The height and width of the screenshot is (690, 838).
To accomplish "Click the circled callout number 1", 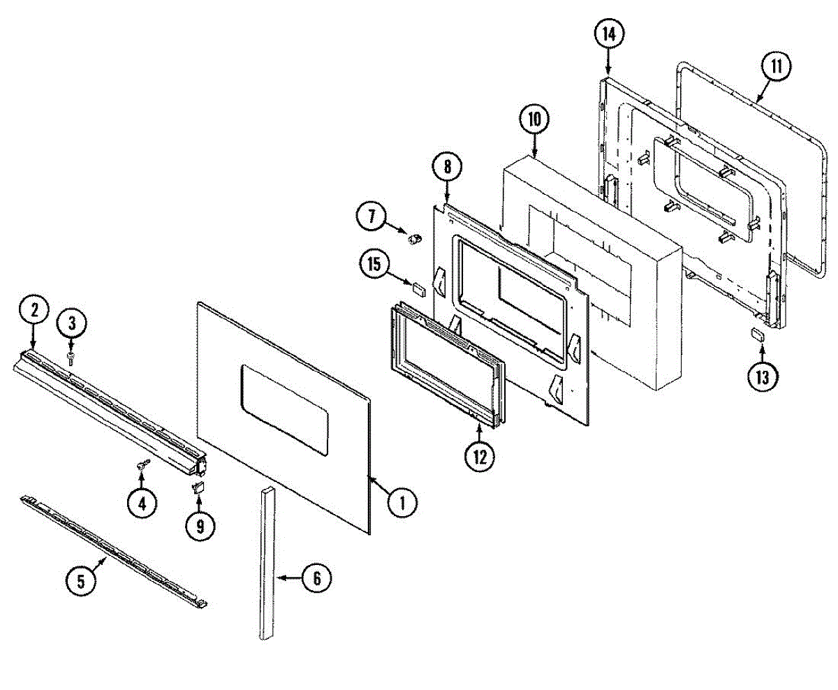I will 402,501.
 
